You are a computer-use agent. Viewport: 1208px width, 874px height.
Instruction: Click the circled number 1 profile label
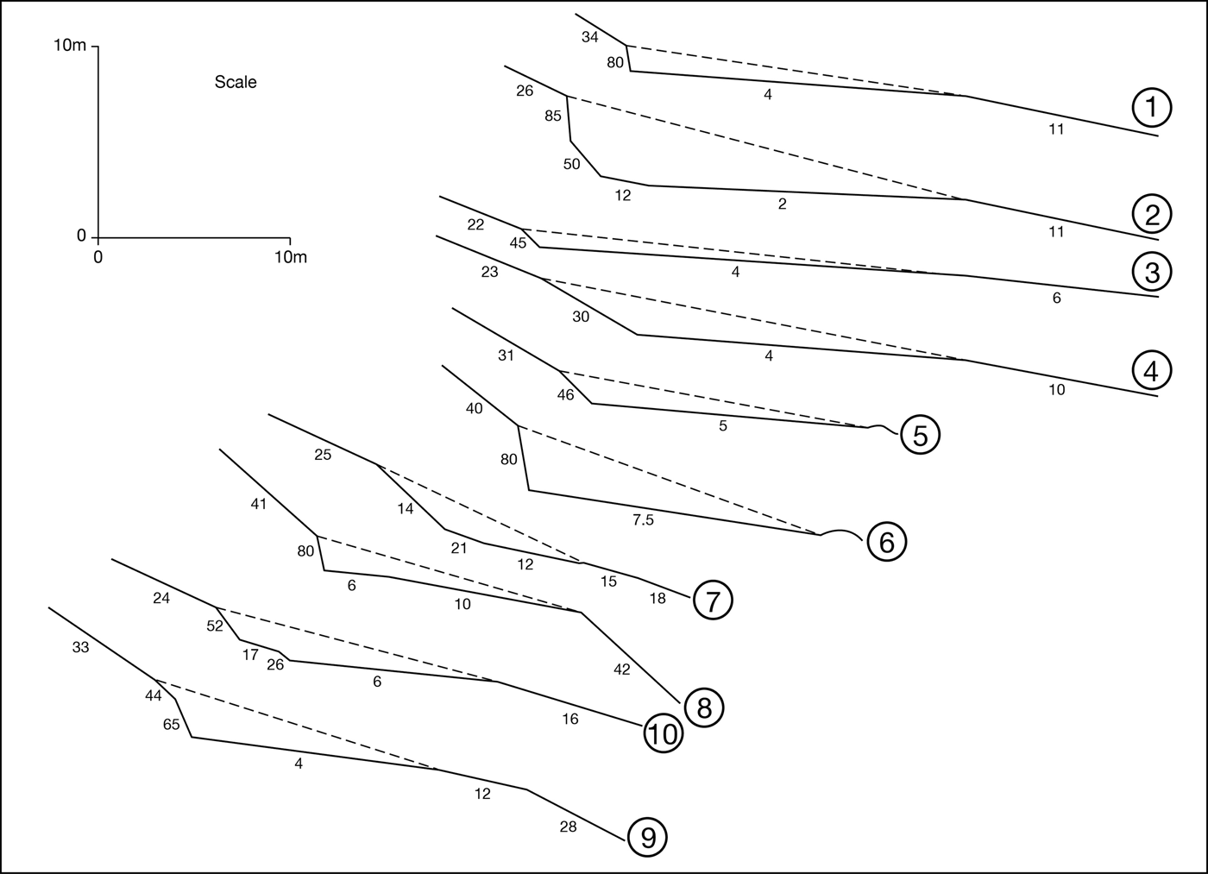pyautogui.click(x=1151, y=108)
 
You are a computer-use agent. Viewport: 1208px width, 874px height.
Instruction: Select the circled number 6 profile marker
pyautogui.click(x=886, y=542)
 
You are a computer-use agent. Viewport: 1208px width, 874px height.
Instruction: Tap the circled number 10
pyautogui.click(x=663, y=734)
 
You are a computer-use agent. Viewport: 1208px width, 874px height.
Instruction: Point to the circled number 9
pyautogui.click(x=648, y=837)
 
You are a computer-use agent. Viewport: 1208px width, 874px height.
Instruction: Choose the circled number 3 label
pyautogui.click(x=1151, y=272)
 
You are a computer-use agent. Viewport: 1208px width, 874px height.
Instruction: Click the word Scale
pyautogui.click(x=236, y=83)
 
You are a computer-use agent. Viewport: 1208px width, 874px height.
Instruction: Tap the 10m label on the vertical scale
pyautogui.click(x=70, y=45)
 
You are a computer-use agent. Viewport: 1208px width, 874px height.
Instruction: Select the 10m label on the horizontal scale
pyautogui.click(x=290, y=257)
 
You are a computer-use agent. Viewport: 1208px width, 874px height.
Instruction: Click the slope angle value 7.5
pyautogui.click(x=643, y=519)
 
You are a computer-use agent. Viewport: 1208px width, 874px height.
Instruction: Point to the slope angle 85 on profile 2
pyautogui.click(x=553, y=116)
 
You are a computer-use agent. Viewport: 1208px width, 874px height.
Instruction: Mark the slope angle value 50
pyautogui.click(x=571, y=164)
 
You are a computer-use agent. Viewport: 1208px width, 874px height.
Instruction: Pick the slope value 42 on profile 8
pyautogui.click(x=621, y=670)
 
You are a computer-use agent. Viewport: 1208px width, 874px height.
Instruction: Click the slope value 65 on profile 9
pyautogui.click(x=172, y=725)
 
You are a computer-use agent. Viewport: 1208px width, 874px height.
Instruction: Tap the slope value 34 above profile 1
pyautogui.click(x=589, y=37)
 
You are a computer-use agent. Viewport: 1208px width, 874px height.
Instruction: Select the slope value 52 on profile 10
pyautogui.click(x=215, y=626)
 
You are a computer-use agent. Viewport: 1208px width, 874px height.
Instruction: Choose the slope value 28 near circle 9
pyautogui.click(x=568, y=827)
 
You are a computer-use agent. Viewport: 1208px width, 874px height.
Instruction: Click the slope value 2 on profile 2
pyautogui.click(x=782, y=204)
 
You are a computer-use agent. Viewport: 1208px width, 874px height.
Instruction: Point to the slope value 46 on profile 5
pyautogui.click(x=565, y=395)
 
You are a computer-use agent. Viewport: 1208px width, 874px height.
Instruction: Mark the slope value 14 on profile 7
pyautogui.click(x=405, y=509)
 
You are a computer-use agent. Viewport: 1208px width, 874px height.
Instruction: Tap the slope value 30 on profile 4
pyautogui.click(x=581, y=317)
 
